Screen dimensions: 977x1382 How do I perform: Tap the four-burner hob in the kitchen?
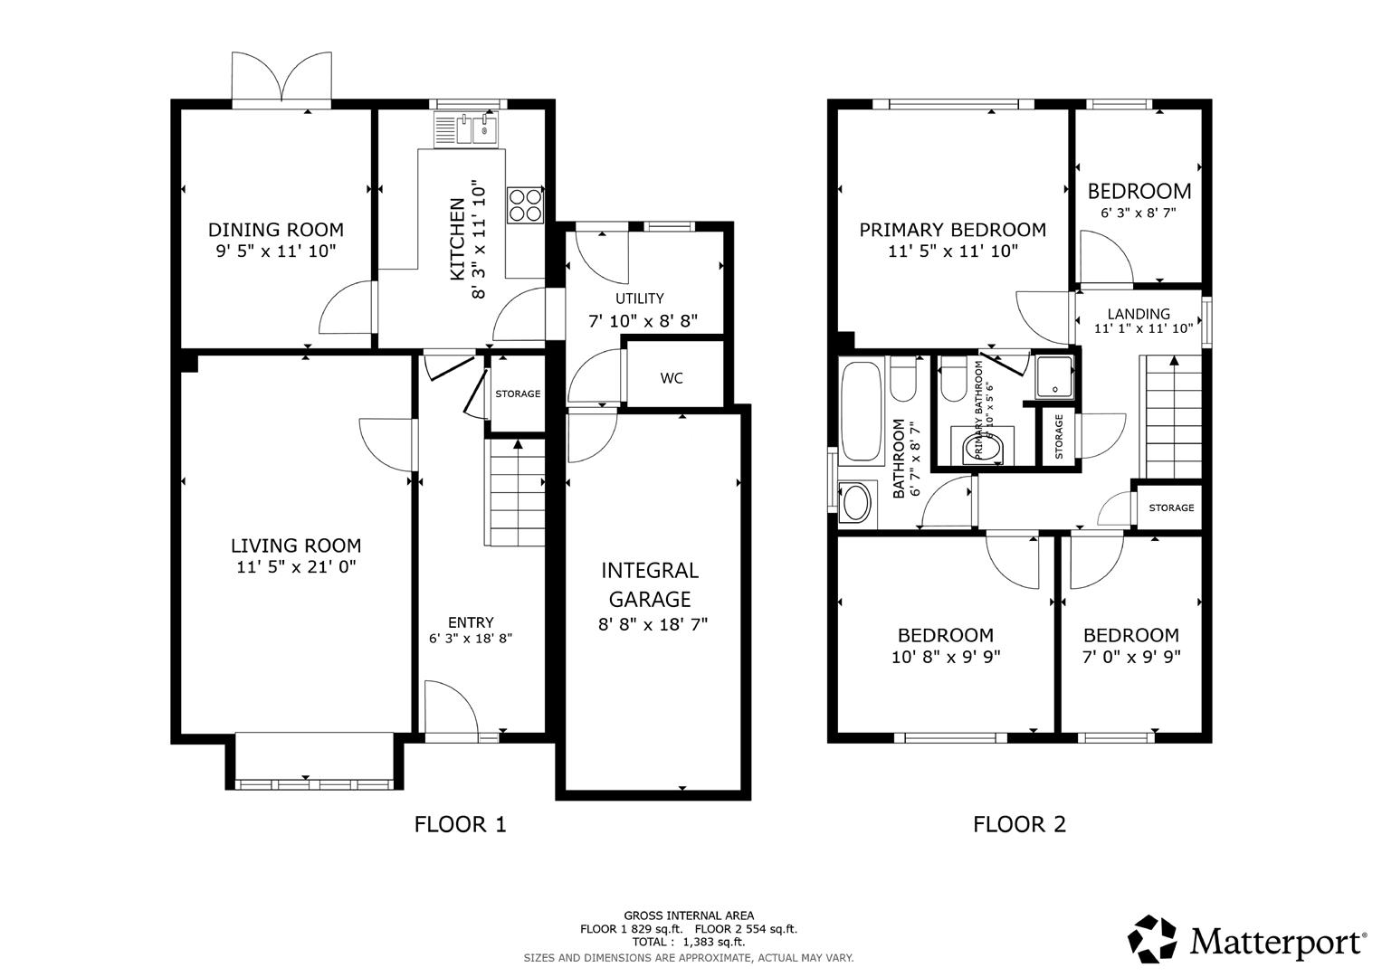[x=526, y=204]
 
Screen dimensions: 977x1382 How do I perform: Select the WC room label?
[x=672, y=378]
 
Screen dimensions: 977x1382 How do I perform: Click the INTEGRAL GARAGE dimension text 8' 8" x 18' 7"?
[x=653, y=624]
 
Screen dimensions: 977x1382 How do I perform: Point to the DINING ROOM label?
[x=276, y=230]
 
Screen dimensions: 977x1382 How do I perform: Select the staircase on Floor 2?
[x=1173, y=416]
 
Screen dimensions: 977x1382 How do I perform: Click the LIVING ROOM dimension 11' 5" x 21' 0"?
[x=296, y=568]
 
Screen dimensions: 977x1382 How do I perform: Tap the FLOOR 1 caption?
[x=461, y=824]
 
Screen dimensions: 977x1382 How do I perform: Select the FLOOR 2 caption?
[x=1019, y=824]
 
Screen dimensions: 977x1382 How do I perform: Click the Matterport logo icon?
[x=1153, y=939]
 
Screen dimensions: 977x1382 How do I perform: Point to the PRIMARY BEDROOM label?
[x=952, y=230]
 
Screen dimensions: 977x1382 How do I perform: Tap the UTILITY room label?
[x=640, y=299]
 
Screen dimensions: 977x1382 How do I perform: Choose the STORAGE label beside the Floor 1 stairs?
[x=518, y=394]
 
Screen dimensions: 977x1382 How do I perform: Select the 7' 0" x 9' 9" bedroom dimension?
[x=1131, y=658]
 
